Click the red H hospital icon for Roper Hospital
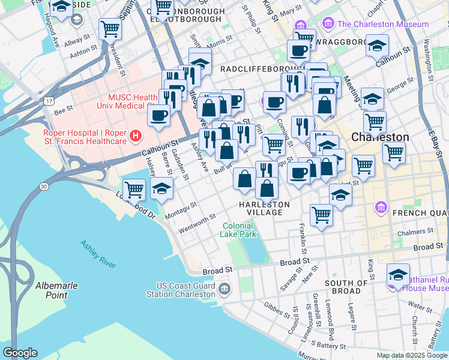pyautogui.click(x=136, y=136)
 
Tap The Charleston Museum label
pyautogui.click(x=383, y=25)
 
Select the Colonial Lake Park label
pyautogui.click(x=240, y=230)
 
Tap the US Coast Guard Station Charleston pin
pyautogui.click(x=224, y=289)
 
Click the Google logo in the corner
pyautogui.click(x=19, y=353)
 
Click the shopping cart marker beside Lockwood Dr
pyautogui.click(x=134, y=189)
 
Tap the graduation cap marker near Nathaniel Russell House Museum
pyautogui.click(x=398, y=274)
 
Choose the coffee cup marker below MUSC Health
pyautogui.click(x=159, y=115)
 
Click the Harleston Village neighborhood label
pyautogui.click(x=264, y=208)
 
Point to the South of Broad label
pyautogui.click(x=343, y=286)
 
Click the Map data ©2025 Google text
pyautogui.click(x=412, y=355)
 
